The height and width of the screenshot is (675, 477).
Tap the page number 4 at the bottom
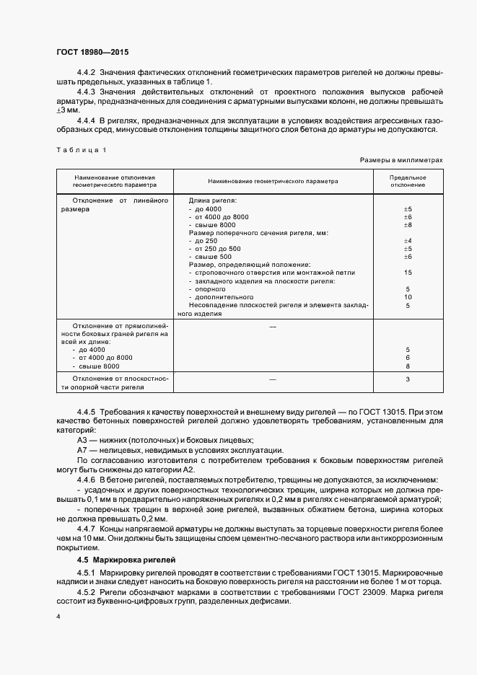[58, 618]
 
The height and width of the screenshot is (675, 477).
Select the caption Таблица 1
[81, 149]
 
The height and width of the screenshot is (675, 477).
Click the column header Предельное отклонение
[408, 181]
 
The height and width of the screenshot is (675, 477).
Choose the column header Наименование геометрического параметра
[273, 181]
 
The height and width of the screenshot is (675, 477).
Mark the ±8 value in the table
[408, 225]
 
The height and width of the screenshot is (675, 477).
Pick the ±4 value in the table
[408, 240]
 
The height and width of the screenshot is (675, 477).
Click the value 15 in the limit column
[408, 273]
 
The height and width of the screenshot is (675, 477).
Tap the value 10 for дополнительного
[408, 297]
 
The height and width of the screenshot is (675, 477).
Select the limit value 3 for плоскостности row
[408, 379]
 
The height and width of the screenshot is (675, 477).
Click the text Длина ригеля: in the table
[214, 200]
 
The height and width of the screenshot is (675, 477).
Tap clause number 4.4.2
[87, 73]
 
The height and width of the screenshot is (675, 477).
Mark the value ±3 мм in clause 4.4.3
[67, 110]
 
